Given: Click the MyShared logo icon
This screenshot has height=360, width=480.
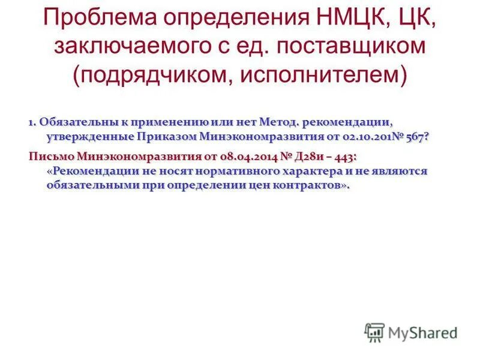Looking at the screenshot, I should click(374, 333).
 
